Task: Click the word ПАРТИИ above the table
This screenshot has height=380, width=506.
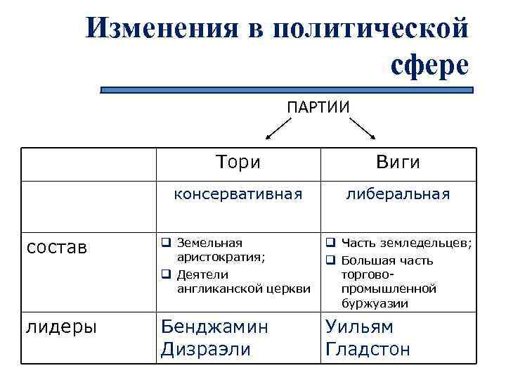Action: click(318, 106)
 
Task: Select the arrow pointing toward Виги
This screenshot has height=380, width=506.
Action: click(363, 130)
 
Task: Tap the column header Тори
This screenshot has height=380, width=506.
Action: click(238, 163)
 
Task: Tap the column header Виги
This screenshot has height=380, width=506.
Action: click(398, 163)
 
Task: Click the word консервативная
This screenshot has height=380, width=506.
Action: click(238, 194)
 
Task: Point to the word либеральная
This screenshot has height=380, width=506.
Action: click(398, 194)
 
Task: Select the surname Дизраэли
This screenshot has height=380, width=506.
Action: click(206, 349)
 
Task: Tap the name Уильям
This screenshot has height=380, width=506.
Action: click(359, 327)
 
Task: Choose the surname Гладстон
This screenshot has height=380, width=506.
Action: click(368, 349)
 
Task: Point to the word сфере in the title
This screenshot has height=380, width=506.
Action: click(427, 65)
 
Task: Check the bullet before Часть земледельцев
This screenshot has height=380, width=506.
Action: click(330, 243)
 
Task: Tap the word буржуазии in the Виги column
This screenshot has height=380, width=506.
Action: click(375, 303)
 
